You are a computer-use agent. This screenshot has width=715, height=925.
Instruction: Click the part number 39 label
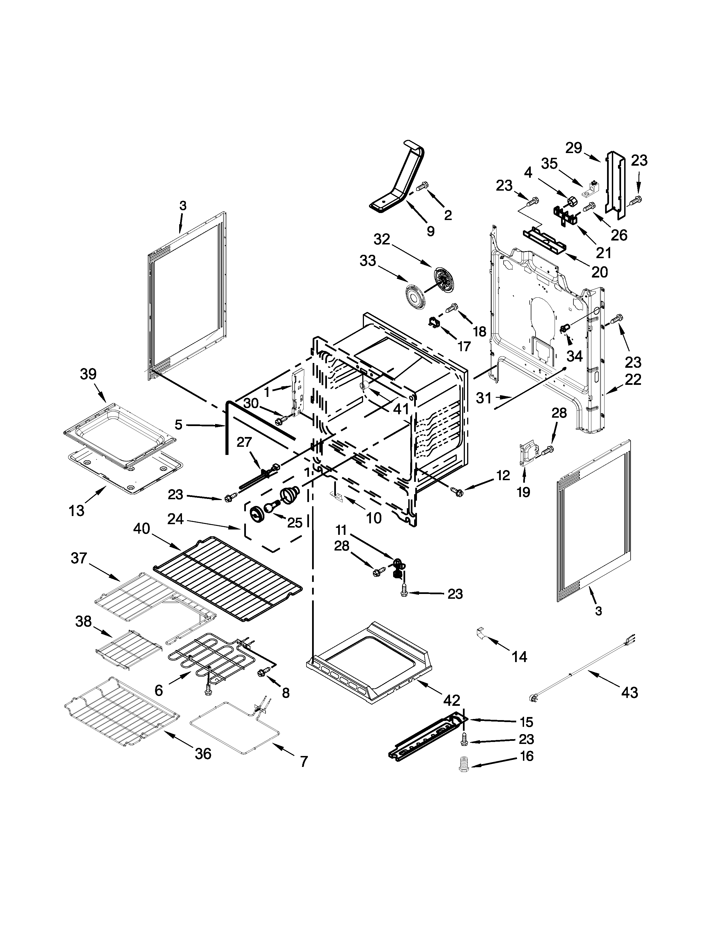point(88,374)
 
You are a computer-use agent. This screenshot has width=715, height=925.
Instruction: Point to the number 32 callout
point(382,239)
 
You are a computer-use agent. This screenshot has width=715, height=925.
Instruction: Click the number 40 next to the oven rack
point(142,529)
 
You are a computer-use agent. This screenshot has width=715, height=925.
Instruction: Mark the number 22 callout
point(633,379)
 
